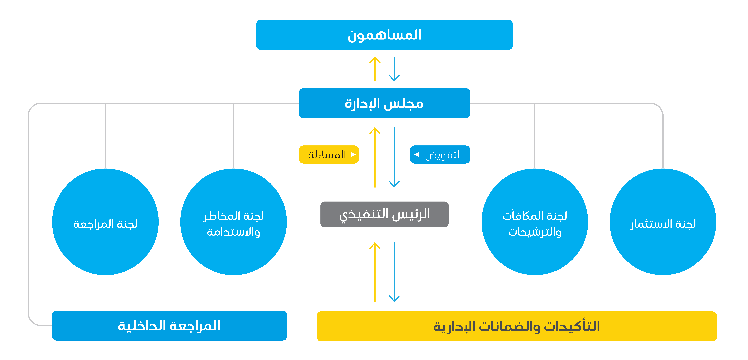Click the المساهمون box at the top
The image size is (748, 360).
(384, 35)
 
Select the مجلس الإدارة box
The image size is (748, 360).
(384, 103)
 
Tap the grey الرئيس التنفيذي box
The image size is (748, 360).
(384, 214)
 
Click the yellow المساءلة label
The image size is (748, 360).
(329, 154)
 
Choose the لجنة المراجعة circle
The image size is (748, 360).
(105, 222)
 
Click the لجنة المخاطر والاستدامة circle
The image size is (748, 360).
(233, 222)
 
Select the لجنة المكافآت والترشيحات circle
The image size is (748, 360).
(535, 222)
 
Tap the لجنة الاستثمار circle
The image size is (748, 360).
(663, 222)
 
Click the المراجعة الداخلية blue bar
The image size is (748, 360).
(170, 325)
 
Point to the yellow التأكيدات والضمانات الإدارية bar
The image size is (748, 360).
(517, 326)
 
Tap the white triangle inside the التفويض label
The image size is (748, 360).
(417, 154)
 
